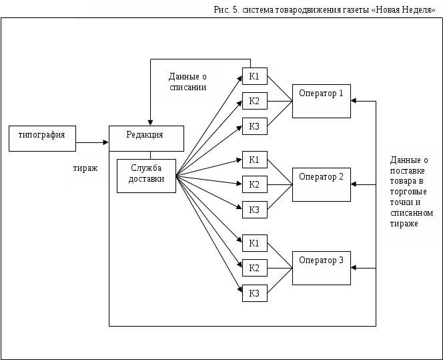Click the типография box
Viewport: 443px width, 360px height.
coord(42,138)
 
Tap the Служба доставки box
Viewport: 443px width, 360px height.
coord(147,176)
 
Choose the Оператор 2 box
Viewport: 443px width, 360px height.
coord(321,184)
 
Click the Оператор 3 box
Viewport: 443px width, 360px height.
coord(321,268)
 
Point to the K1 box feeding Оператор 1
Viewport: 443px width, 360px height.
coord(254,76)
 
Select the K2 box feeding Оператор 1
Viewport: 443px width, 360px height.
coord(254,101)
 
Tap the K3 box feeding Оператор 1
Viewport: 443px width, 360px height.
coord(254,126)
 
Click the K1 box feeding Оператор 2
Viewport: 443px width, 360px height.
coord(254,160)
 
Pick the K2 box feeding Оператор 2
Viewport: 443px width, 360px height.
coord(254,184)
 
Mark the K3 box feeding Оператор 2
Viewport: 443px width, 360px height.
coord(254,210)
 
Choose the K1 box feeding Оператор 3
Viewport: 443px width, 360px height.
coord(254,243)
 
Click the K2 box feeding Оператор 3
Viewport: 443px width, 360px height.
coord(254,268)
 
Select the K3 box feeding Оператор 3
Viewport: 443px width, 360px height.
coord(254,293)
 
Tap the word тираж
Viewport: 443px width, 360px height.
coord(86,169)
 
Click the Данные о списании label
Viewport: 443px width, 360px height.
coord(187,82)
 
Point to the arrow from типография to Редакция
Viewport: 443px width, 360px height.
coord(92,142)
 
